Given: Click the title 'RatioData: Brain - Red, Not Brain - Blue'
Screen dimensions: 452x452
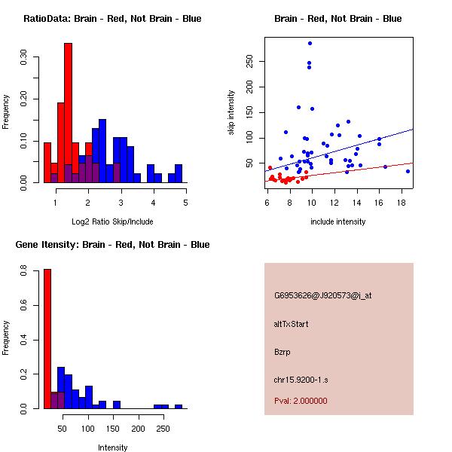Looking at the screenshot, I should [x=112, y=19].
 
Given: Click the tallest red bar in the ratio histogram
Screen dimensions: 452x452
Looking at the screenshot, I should [x=68, y=113].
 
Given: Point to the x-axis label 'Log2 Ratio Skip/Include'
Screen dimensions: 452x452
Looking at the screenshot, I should [x=112, y=221].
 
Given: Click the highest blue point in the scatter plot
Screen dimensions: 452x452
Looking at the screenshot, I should [x=310, y=44].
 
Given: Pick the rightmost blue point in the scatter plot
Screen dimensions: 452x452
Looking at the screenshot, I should [x=408, y=171].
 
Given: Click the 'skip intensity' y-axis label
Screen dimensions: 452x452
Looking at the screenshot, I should [x=231, y=113].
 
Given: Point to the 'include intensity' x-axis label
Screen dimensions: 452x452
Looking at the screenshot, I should [x=338, y=221].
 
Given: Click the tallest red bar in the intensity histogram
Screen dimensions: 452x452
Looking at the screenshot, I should [x=47, y=339].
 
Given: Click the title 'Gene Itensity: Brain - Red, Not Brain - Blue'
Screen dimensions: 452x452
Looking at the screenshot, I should [x=112, y=245].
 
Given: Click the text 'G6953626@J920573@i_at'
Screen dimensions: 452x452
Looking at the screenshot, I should [x=322, y=295].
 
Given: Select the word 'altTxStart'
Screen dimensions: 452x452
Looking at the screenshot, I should [x=292, y=324].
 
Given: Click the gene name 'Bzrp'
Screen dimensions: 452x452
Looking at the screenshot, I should [x=282, y=352].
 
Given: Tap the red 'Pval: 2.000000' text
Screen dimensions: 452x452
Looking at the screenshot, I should [x=301, y=401].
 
